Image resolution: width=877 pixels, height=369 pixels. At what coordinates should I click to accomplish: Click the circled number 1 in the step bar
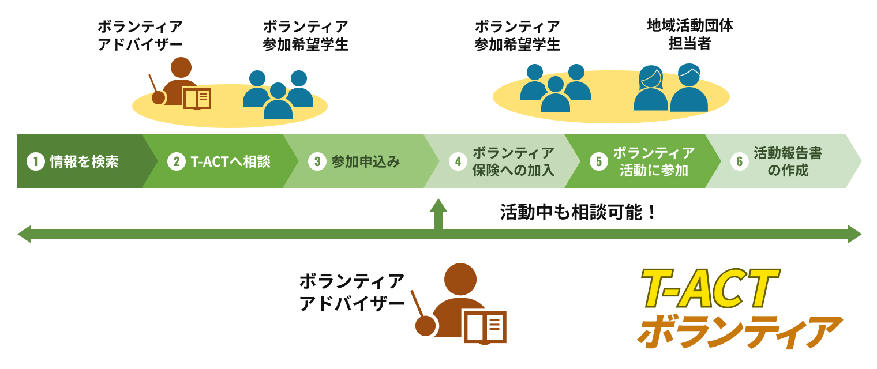36,162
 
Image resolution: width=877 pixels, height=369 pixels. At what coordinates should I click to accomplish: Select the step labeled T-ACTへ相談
230,162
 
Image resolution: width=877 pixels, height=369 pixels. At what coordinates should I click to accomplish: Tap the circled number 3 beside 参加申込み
317,162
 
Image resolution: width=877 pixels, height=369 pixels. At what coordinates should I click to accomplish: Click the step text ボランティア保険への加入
513,161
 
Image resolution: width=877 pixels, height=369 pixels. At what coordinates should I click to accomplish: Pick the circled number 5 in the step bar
598,162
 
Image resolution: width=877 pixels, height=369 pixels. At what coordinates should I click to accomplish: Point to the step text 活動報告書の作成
788,161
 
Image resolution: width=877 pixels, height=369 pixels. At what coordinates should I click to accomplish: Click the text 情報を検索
84,162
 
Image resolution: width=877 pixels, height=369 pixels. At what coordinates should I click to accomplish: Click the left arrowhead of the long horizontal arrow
24,234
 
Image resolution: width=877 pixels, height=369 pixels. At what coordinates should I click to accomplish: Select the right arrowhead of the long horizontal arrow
854,234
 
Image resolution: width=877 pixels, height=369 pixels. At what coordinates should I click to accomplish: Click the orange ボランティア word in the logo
739,332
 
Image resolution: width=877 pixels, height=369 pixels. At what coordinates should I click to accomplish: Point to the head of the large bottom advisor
460,280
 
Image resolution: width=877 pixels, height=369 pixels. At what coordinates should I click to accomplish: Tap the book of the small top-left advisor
197,99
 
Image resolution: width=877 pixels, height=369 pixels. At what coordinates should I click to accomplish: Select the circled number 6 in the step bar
739,162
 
